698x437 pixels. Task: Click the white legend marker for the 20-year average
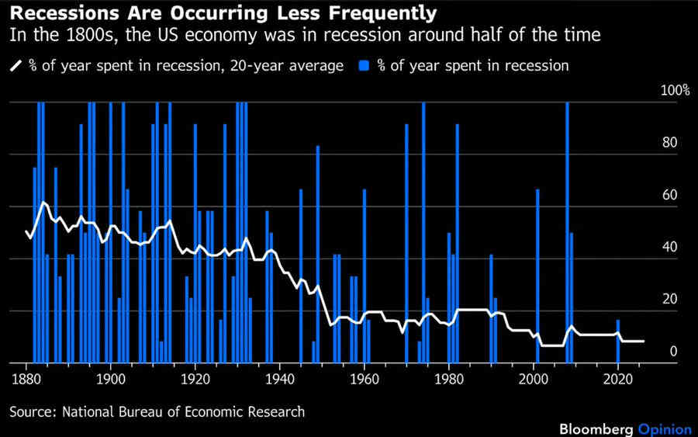pyautogui.click(x=16, y=66)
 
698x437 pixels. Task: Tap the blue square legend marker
pyautogui.click(x=364, y=66)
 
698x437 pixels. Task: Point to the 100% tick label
pyautogui.click(x=675, y=91)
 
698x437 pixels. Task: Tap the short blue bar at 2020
pyautogui.click(x=618, y=342)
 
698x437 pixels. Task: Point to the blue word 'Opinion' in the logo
pyautogui.click(x=664, y=428)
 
